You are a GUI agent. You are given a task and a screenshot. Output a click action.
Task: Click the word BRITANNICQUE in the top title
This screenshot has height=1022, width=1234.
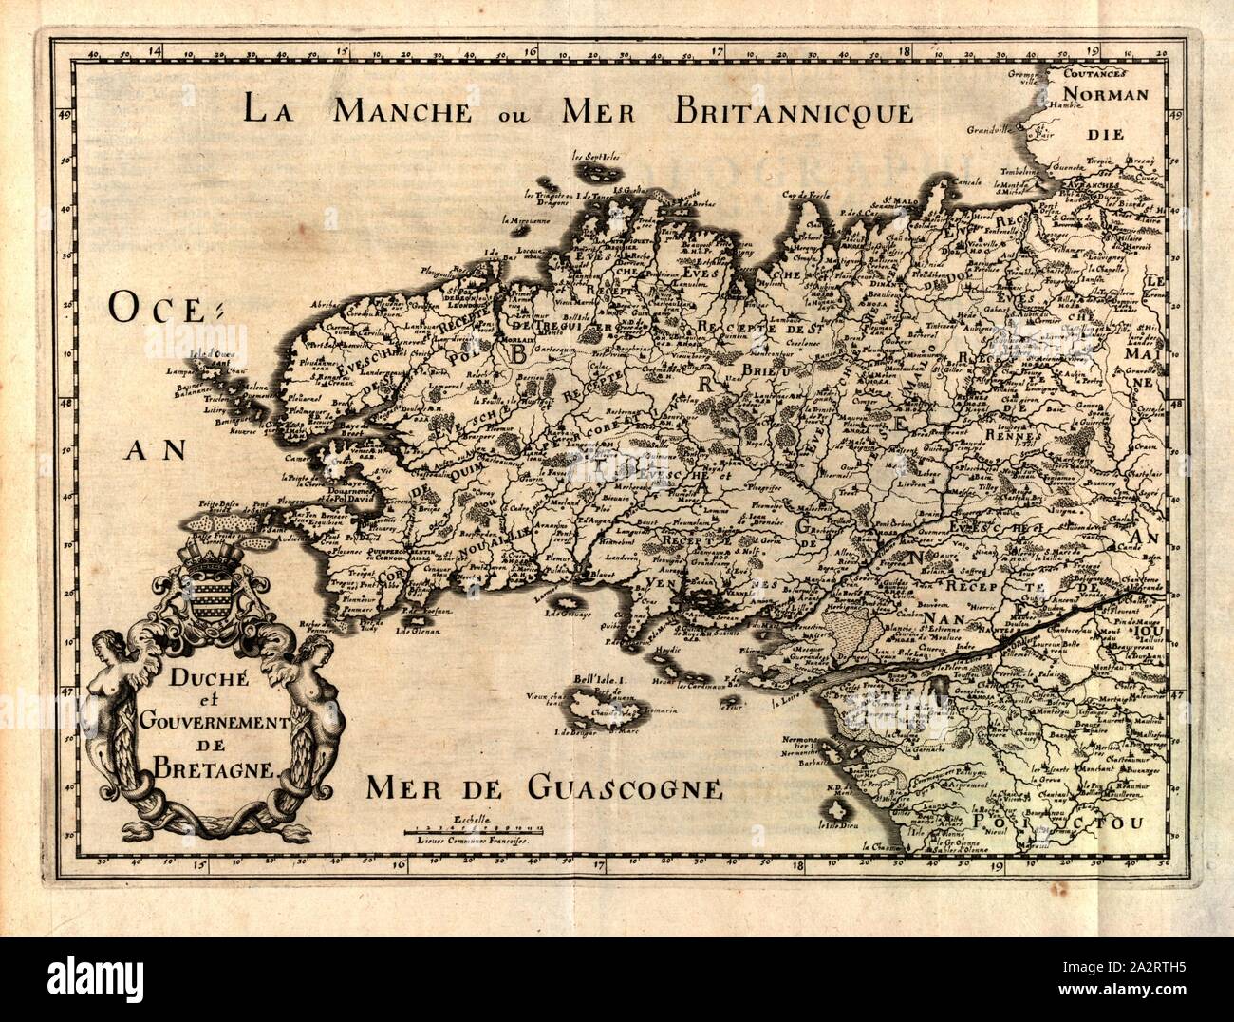(794, 110)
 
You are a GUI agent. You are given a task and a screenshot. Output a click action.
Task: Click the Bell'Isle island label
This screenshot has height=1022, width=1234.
(603, 680)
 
